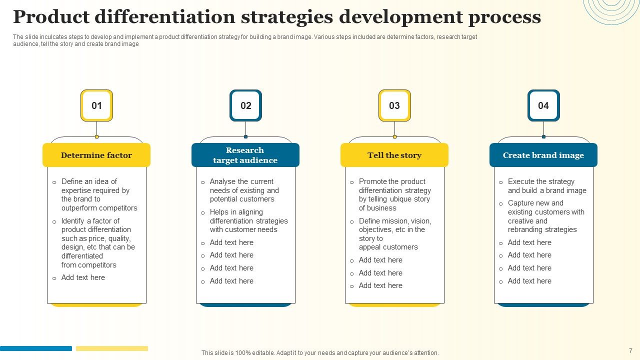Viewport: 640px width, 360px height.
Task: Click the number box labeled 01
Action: click(x=96, y=105)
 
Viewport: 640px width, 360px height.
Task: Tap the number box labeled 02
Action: click(x=245, y=105)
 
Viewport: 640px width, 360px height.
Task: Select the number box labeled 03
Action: click(x=394, y=105)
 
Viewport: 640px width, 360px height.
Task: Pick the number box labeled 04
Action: click(x=543, y=105)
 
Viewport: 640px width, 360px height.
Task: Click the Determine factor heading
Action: click(x=96, y=155)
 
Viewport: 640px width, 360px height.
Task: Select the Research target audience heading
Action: click(x=245, y=155)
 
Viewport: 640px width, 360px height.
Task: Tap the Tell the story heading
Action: click(x=394, y=155)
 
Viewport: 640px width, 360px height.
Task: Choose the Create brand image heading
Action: click(x=543, y=155)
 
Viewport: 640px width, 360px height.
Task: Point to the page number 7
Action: click(x=630, y=350)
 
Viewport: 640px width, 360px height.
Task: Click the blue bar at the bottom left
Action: click(x=36, y=348)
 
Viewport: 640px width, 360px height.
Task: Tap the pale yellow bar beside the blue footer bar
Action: click(x=112, y=348)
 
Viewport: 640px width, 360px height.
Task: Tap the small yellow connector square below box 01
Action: click(x=96, y=136)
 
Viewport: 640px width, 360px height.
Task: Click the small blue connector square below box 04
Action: click(x=543, y=136)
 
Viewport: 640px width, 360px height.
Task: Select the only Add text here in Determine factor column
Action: click(x=83, y=277)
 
